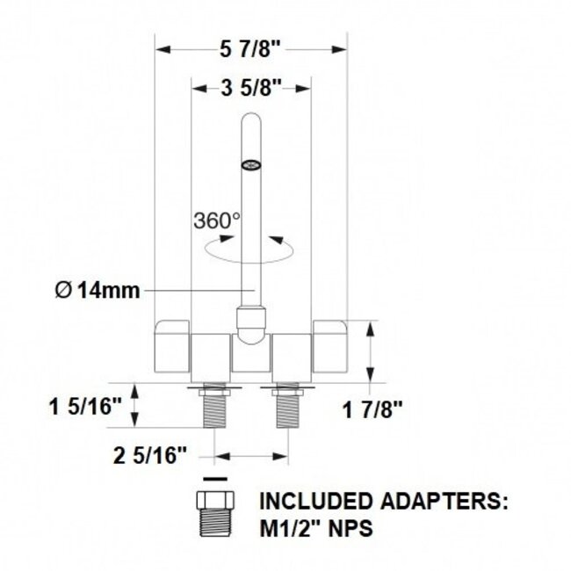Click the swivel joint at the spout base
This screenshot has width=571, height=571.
pos(251,322)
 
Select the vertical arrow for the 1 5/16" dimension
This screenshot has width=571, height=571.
pos(134,406)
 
